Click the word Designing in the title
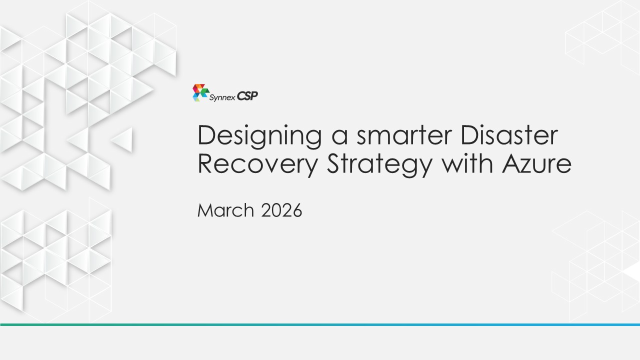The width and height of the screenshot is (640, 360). (x=259, y=137)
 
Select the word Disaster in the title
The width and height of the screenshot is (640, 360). (x=509, y=135)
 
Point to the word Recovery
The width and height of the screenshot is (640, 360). (x=257, y=165)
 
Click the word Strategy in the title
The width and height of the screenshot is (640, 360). (x=379, y=165)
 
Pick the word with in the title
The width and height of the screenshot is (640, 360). (x=467, y=163)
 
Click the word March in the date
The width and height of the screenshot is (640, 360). (x=225, y=210)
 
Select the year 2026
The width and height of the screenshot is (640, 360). (x=281, y=210)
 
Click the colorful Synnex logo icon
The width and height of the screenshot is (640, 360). (x=200, y=92)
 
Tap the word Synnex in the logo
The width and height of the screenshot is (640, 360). (x=222, y=97)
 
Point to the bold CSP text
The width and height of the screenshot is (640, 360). (x=247, y=96)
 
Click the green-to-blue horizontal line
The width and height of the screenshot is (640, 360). (x=320, y=324)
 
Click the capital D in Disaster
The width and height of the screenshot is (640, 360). (x=469, y=135)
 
